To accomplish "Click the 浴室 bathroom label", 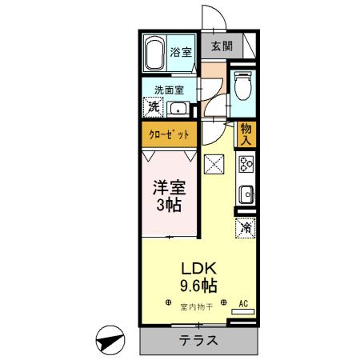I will point(181,53).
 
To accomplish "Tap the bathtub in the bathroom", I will point(155,53).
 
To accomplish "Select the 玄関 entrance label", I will point(222,46).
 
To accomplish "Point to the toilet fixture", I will point(243,83).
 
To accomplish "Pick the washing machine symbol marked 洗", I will point(152,106).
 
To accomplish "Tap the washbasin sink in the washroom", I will point(178,110).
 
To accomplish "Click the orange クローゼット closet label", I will point(169,134).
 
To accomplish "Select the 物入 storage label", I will point(245,134).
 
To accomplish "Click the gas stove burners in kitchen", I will point(245,166).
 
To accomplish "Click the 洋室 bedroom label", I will point(169,190).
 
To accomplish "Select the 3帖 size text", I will point(169,206).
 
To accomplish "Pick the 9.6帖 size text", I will point(197,284).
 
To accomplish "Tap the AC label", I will point(245,304).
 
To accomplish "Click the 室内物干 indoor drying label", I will point(195,306).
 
